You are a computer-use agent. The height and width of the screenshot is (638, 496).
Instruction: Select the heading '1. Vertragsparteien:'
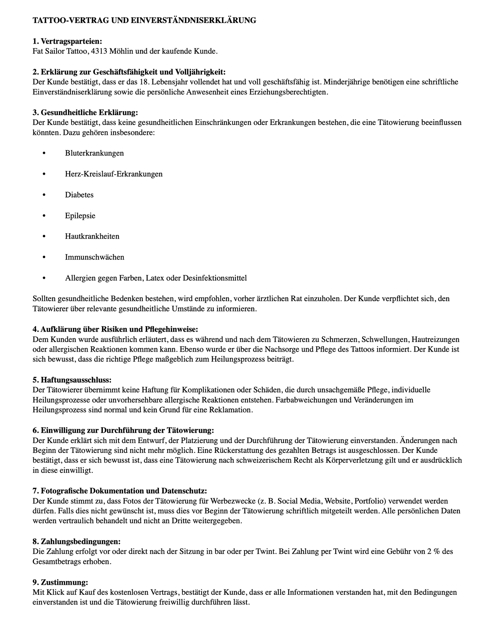(67, 42)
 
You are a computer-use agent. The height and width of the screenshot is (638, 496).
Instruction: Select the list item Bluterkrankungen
(94, 153)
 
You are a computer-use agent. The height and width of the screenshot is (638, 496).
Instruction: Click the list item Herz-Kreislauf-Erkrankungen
(114, 174)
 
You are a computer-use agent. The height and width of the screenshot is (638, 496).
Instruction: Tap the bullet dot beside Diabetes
(44, 195)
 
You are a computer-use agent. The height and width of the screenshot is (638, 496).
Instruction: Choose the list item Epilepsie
(80, 216)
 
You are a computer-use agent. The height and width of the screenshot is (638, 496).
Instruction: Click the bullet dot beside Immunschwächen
(44, 257)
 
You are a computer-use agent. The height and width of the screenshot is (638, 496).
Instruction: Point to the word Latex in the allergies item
(154, 278)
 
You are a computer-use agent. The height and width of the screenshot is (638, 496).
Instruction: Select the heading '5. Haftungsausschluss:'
(72, 380)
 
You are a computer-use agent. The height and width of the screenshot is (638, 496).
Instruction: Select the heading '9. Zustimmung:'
(60, 582)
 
